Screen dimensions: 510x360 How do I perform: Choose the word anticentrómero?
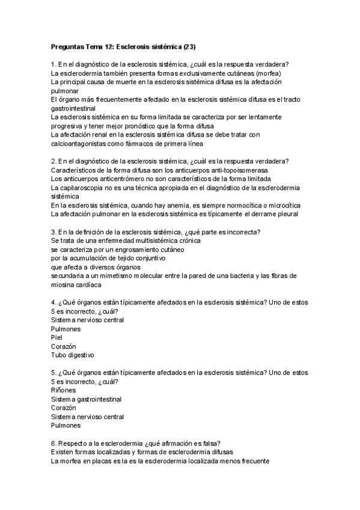tap(112, 179)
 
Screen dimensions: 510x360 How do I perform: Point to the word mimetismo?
tap(111, 276)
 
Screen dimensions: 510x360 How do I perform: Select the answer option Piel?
tap(57, 338)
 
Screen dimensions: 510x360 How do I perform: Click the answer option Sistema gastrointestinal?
tap(87, 399)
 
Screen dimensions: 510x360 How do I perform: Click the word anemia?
tap(180, 205)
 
